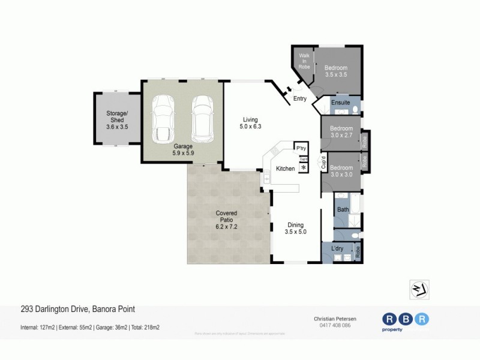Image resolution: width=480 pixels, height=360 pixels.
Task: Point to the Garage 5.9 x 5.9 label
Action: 183,149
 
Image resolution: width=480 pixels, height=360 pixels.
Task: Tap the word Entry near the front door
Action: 300,99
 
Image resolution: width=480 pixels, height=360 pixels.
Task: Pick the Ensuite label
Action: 340,103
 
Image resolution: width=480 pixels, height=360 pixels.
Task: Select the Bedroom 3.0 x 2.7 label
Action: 341,132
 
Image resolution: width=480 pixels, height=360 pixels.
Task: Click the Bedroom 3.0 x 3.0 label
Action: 341,171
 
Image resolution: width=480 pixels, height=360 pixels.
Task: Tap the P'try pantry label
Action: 299,148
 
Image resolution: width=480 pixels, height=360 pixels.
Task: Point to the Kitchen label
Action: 285,169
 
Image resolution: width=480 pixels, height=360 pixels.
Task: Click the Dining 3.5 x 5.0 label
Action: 296,227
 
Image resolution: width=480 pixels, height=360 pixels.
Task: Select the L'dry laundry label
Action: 337,248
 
